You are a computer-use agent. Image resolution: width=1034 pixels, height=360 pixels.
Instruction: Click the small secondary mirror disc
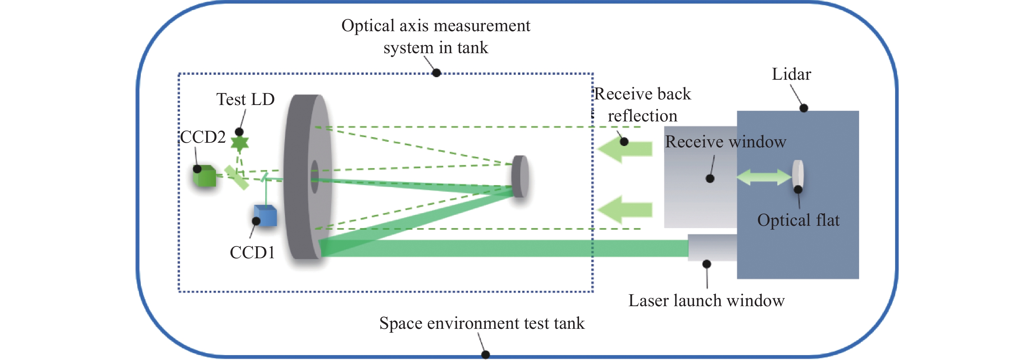pos(520,177)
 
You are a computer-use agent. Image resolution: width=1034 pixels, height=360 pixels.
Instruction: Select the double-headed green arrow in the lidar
pos(764,177)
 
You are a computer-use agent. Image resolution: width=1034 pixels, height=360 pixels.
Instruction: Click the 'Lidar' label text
pos(791,74)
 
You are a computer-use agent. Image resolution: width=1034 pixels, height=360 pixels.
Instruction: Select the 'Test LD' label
pos(245,99)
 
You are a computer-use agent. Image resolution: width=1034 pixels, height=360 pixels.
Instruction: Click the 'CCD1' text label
pos(252,253)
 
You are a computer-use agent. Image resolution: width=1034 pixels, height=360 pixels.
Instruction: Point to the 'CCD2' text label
pos(203,137)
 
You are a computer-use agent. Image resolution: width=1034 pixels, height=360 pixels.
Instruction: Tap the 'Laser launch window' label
pos(706,301)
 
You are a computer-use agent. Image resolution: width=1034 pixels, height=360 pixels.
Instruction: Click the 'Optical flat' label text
pos(798,220)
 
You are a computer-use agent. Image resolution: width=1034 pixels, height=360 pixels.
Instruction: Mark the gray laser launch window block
pos(712,248)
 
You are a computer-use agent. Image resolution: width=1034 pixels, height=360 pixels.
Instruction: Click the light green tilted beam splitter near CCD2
pos(236,178)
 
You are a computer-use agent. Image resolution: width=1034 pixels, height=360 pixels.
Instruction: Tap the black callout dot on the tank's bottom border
pos(485,354)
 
